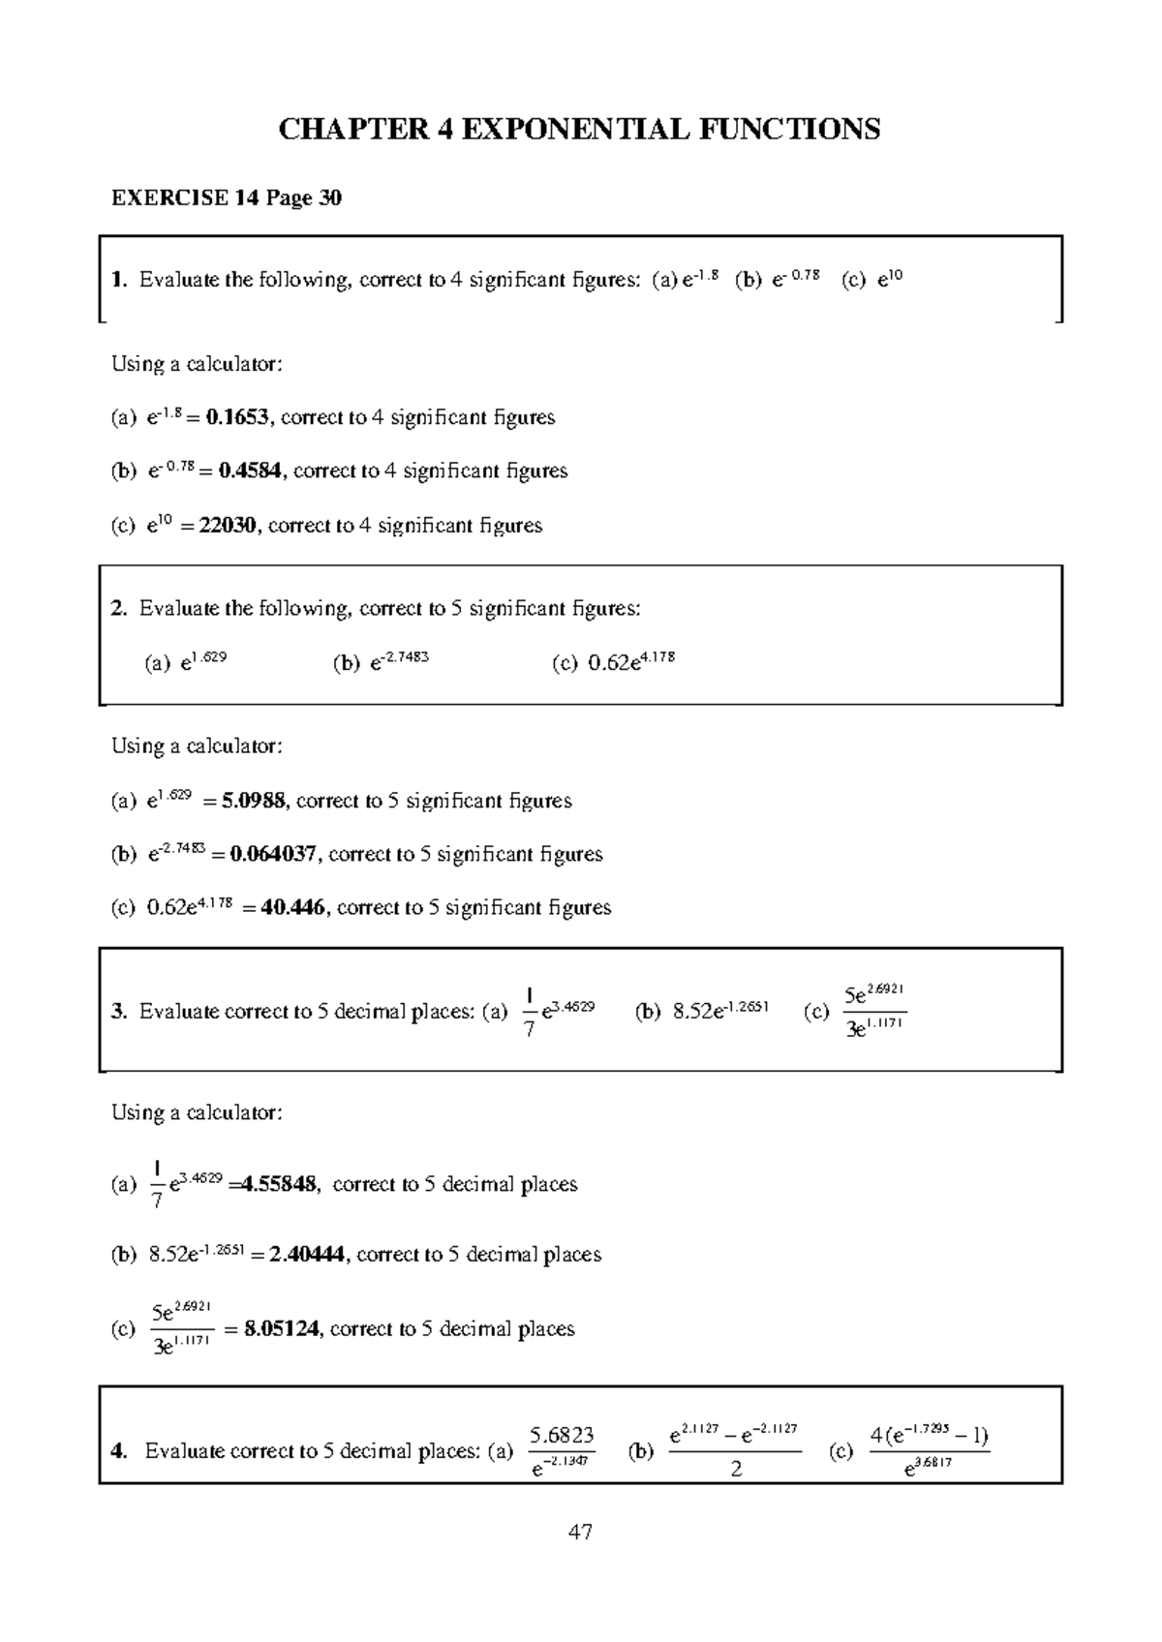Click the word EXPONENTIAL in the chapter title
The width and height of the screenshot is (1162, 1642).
(x=572, y=129)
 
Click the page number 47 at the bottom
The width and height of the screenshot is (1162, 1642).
(x=580, y=1532)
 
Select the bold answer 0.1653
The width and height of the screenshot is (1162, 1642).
(x=240, y=417)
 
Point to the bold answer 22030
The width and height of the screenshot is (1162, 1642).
(x=229, y=525)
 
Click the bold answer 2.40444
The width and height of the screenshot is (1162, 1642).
(x=306, y=1255)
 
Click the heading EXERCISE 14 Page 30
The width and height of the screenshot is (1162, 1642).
(x=227, y=198)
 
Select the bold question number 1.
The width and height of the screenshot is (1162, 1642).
(x=118, y=280)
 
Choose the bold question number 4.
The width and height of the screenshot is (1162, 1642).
(x=118, y=1450)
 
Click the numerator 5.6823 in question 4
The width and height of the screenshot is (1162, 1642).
(x=562, y=1435)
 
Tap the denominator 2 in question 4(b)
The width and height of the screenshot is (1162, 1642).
(x=735, y=1469)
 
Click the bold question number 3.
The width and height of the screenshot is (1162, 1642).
(x=118, y=1012)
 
